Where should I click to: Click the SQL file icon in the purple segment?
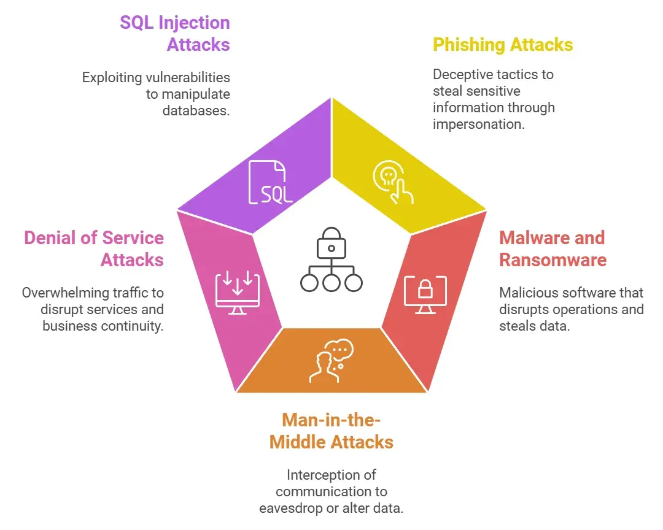tap(270, 182)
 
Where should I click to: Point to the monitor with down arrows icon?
tap(238, 294)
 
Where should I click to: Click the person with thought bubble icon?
tap(331, 361)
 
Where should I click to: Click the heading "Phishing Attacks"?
tap(503, 45)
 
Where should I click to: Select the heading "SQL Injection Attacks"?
tap(175, 34)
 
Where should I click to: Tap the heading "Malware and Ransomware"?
tap(552, 248)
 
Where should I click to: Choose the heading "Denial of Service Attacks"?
tap(94, 248)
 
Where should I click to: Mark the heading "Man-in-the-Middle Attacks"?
tap(331, 431)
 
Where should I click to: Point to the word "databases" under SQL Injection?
tap(196, 111)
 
